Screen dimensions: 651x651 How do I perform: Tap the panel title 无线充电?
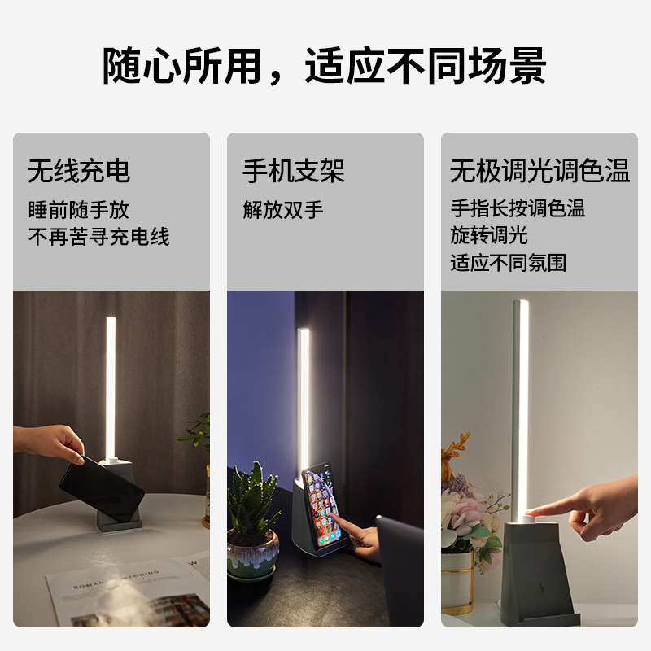(x=79, y=171)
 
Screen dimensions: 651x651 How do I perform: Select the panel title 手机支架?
(x=294, y=171)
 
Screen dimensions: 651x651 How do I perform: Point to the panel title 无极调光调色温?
(x=540, y=171)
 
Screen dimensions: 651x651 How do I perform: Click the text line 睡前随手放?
(x=79, y=210)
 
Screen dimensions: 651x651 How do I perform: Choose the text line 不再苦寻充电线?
(x=99, y=237)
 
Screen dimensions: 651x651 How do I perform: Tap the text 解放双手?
(x=283, y=210)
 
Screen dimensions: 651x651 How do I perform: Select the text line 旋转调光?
(x=489, y=235)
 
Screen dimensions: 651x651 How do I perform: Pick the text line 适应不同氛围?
(x=509, y=263)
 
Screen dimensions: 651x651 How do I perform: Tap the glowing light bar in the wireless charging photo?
(x=110, y=387)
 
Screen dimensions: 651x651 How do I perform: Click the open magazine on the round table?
(x=122, y=590)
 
